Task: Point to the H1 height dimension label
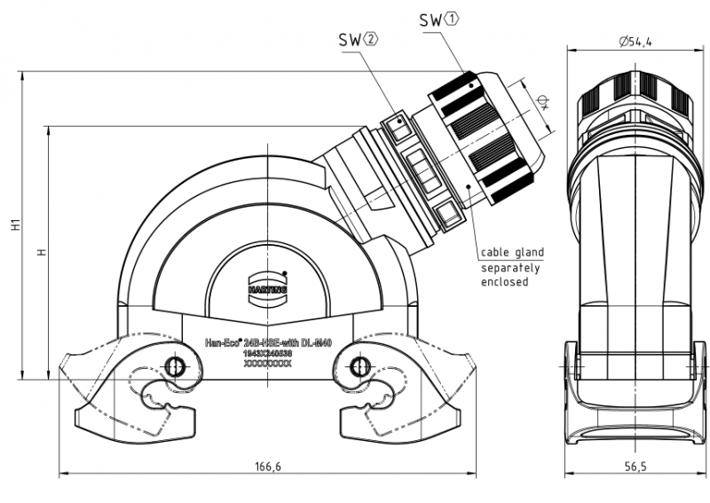(16, 226)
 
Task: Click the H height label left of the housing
(40, 253)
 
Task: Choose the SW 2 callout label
(358, 40)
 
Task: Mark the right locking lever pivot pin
(358, 365)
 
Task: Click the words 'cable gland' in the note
(512, 253)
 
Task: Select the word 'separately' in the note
(510, 267)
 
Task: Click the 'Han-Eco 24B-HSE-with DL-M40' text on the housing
(268, 342)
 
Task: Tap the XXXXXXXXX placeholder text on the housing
(267, 363)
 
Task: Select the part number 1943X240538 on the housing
(267, 352)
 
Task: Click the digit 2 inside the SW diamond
(371, 40)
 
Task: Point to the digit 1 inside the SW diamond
(454, 19)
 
